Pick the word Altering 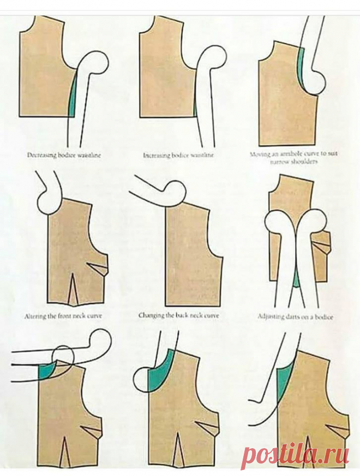coord(36,316)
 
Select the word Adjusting coord(272,316)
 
